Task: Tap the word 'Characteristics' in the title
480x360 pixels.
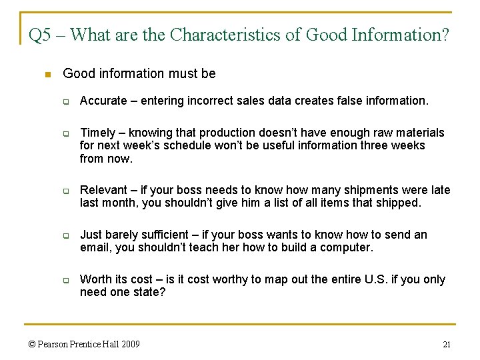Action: tap(225, 35)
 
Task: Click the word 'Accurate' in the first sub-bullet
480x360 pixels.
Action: tap(103, 101)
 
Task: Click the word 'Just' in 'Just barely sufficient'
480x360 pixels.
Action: tap(90, 235)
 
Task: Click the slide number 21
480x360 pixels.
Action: tap(447, 344)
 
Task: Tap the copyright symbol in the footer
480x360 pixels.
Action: tap(31, 344)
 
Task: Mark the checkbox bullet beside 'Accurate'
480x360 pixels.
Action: tap(67, 102)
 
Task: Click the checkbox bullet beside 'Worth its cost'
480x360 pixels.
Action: tap(67, 281)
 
